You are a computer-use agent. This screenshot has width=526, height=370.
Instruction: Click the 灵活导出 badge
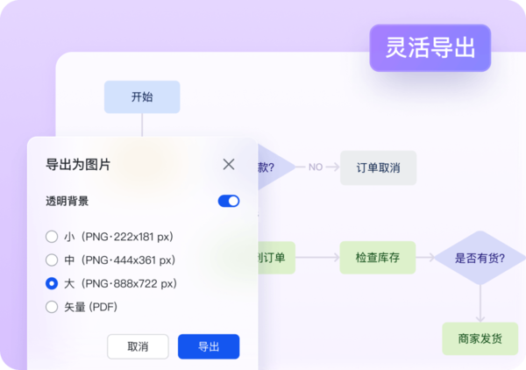pyautogui.click(x=430, y=47)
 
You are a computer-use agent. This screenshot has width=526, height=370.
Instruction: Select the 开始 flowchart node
pyautogui.click(x=141, y=96)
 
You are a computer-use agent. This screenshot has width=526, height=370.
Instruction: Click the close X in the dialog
pyautogui.click(x=229, y=164)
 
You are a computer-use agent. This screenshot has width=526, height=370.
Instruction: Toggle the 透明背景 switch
pyautogui.click(x=229, y=201)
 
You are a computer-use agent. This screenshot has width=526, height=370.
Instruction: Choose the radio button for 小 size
pyautogui.click(x=52, y=237)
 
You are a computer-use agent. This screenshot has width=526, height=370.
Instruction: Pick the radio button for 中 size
pyautogui.click(x=52, y=260)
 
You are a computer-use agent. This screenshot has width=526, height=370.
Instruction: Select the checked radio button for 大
pyautogui.click(x=52, y=284)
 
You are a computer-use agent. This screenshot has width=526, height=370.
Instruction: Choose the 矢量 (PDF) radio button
pyautogui.click(x=52, y=307)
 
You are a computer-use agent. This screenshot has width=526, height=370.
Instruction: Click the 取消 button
pyautogui.click(x=138, y=346)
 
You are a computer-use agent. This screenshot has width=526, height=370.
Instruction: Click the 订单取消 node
pyautogui.click(x=378, y=167)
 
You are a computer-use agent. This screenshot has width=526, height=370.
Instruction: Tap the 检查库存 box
pyautogui.click(x=378, y=258)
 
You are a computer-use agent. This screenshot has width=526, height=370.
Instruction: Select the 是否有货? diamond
pyautogui.click(x=480, y=258)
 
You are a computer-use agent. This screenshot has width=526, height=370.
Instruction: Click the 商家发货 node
pyautogui.click(x=480, y=338)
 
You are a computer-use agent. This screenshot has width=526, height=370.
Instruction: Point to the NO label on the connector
pyautogui.click(x=316, y=167)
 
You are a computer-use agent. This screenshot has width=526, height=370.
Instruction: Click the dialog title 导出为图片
pyautogui.click(x=78, y=164)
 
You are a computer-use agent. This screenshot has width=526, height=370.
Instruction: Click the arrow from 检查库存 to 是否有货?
pyautogui.click(x=425, y=258)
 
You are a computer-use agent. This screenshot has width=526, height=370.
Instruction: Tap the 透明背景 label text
pyautogui.click(x=67, y=201)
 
